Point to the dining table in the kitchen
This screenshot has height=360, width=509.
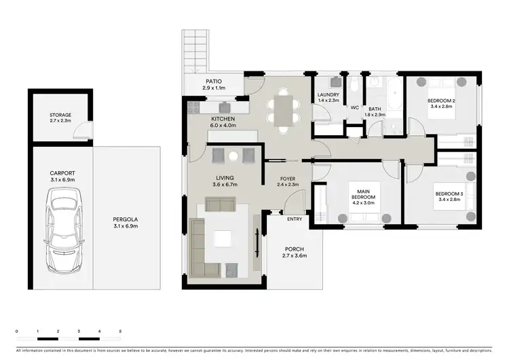(283, 109)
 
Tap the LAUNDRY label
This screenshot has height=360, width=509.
(328, 97)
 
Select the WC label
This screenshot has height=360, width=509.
(354, 107)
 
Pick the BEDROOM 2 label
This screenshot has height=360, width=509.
(441, 103)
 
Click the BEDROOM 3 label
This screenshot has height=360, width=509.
(449, 198)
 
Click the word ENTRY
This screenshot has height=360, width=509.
(295, 219)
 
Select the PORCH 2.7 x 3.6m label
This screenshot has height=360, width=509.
(295, 253)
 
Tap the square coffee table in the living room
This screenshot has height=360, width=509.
(223, 238)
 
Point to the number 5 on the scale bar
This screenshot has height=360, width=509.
(120, 331)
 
